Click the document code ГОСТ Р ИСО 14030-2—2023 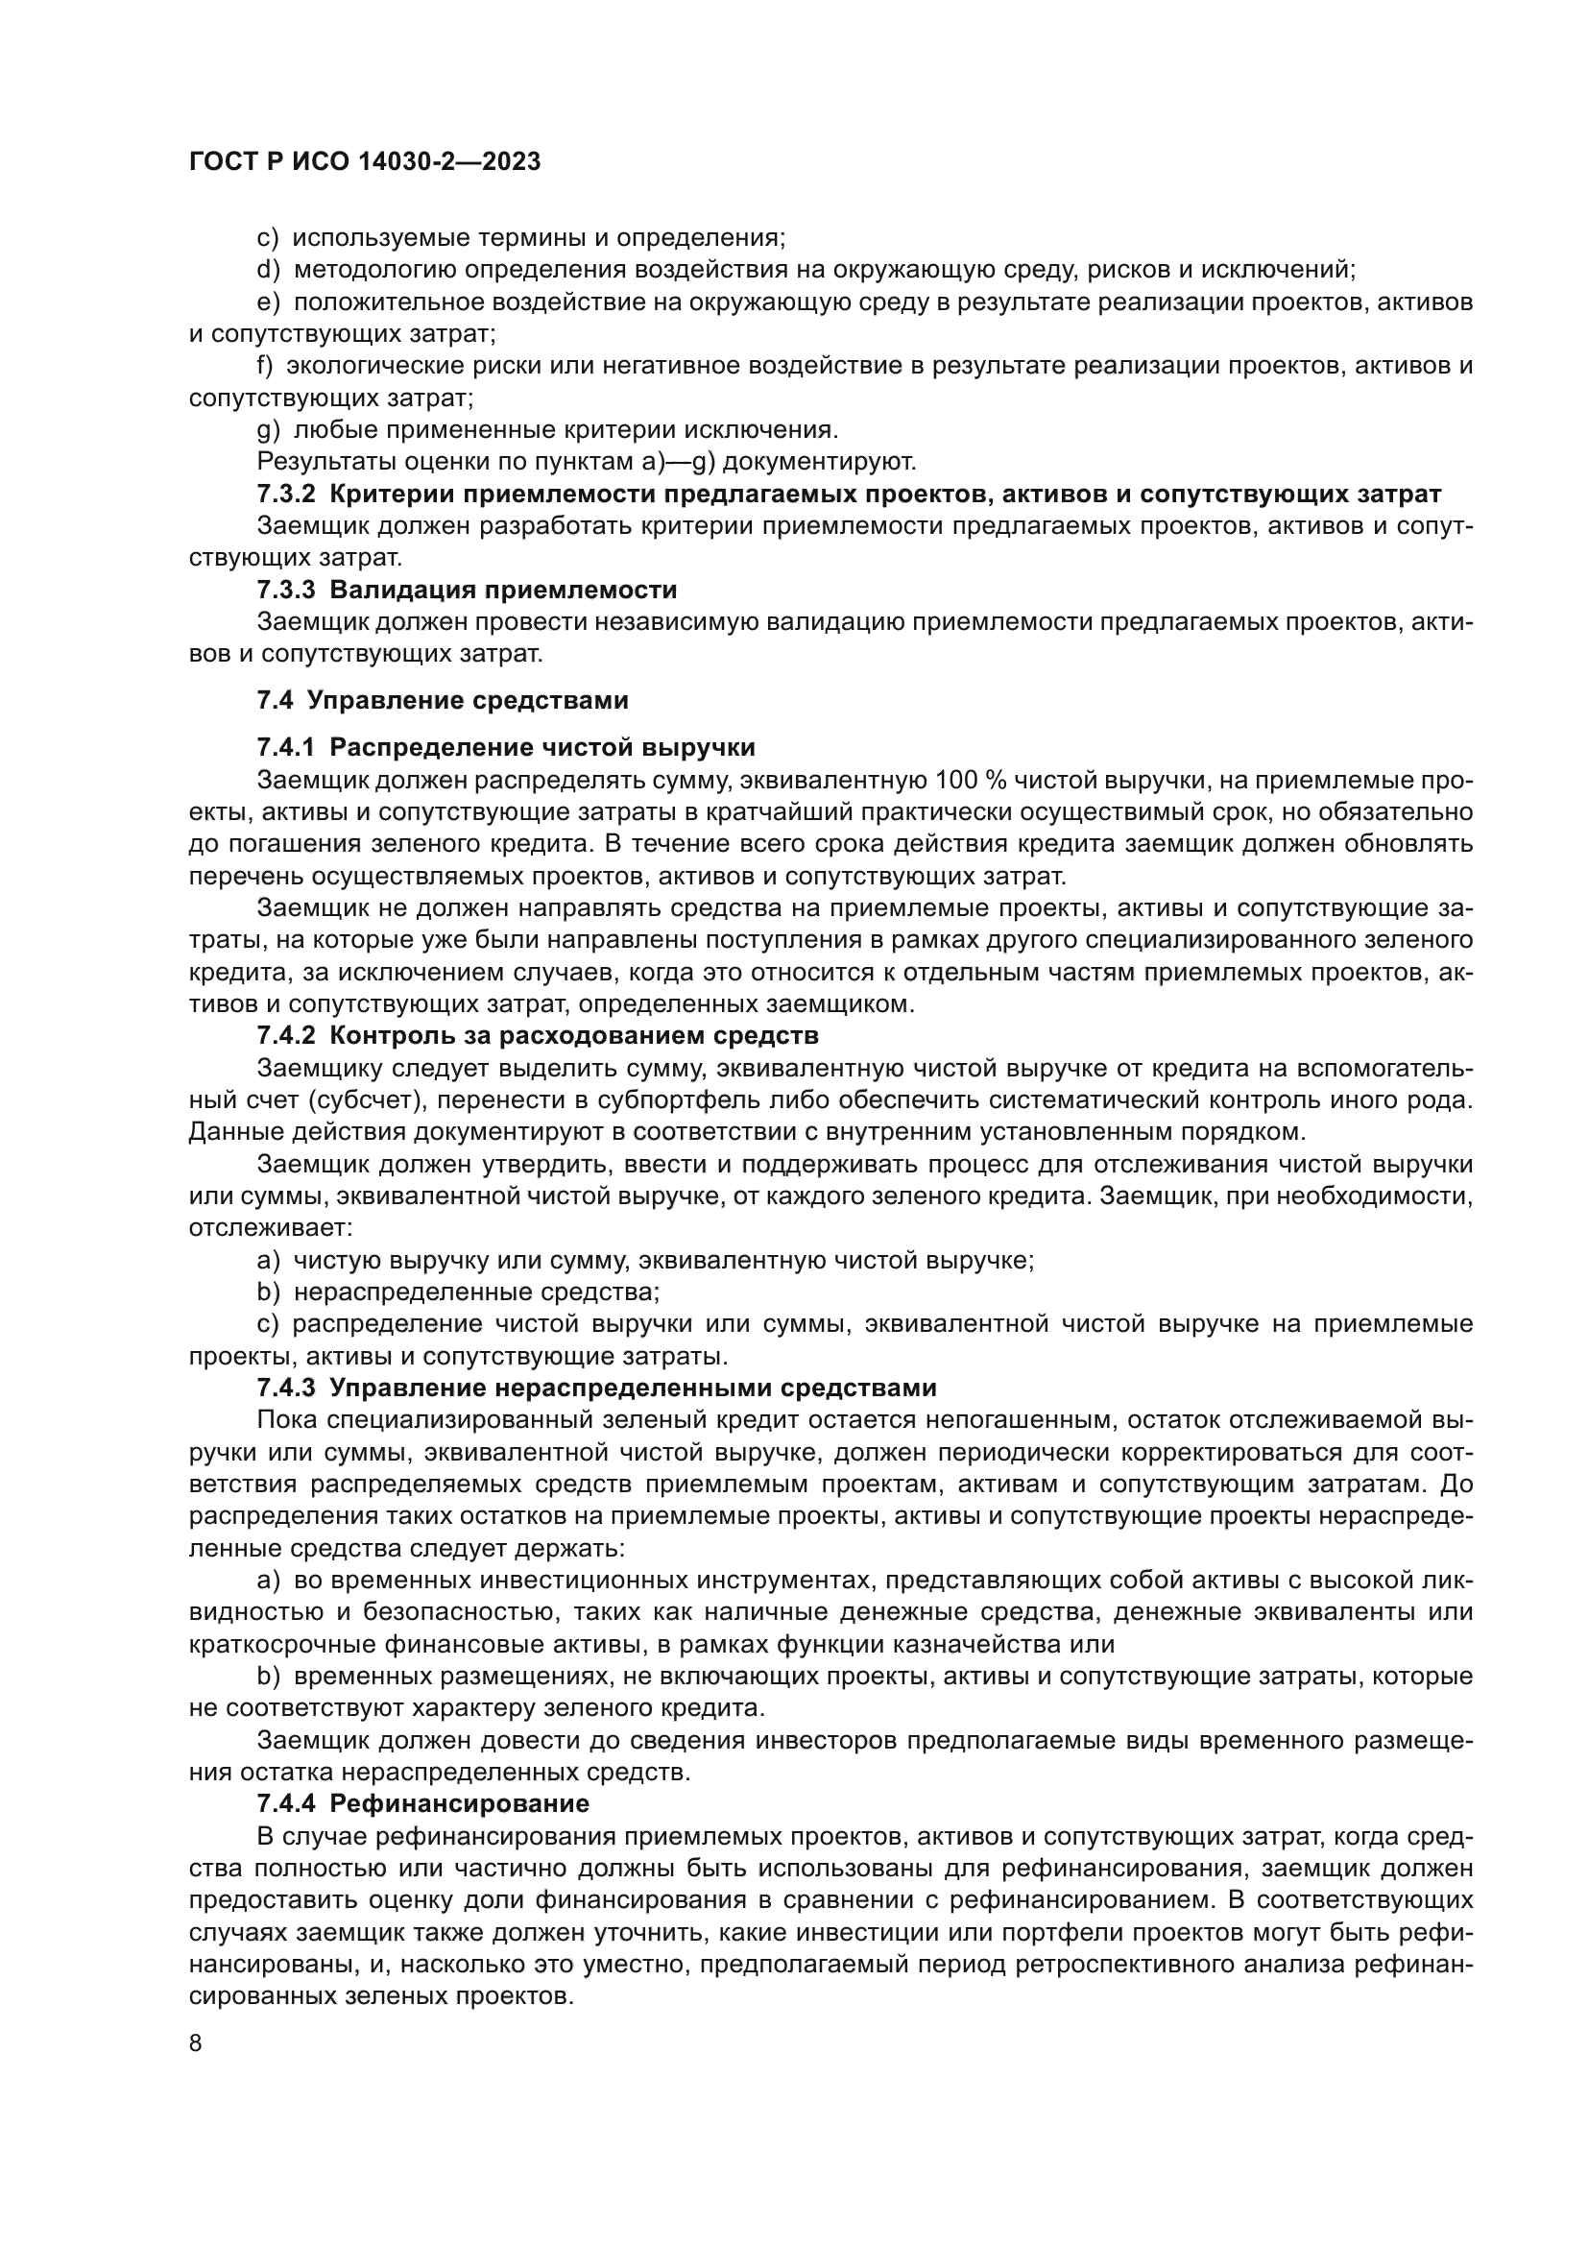364,162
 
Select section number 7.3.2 286,494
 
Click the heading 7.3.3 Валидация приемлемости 467,590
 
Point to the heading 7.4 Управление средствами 442,700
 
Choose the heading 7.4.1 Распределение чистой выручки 506,748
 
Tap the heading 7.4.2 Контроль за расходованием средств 537,1035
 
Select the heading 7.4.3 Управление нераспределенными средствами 596,1389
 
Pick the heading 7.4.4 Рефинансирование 422,1804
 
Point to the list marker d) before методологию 268,270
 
